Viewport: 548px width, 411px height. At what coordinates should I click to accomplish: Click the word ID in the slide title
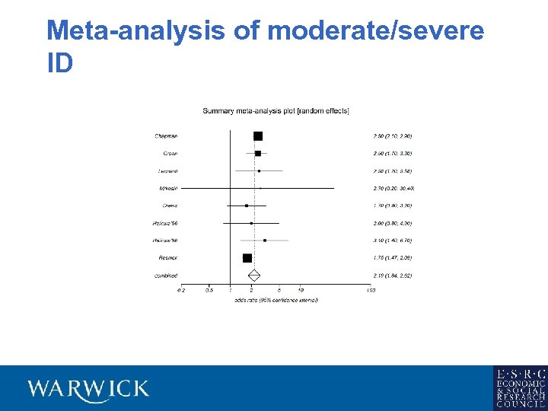click(x=60, y=64)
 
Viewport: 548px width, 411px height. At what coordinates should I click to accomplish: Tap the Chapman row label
click(x=166, y=136)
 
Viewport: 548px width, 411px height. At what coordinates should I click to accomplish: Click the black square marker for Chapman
click(x=258, y=136)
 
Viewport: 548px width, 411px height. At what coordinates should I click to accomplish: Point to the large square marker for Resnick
click(x=247, y=258)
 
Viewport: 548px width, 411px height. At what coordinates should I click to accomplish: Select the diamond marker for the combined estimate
click(x=254, y=275)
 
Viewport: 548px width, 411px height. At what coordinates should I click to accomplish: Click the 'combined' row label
click(x=166, y=276)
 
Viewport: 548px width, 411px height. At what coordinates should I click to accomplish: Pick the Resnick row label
click(x=167, y=258)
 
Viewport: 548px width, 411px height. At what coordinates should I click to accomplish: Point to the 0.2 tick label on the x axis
click(x=181, y=290)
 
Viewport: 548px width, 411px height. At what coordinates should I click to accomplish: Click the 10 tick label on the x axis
click(x=301, y=290)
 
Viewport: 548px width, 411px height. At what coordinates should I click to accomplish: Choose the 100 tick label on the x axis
click(x=371, y=290)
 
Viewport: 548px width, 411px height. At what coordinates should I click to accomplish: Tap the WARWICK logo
click(x=88, y=388)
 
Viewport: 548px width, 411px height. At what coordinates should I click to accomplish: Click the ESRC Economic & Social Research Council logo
click(x=520, y=388)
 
